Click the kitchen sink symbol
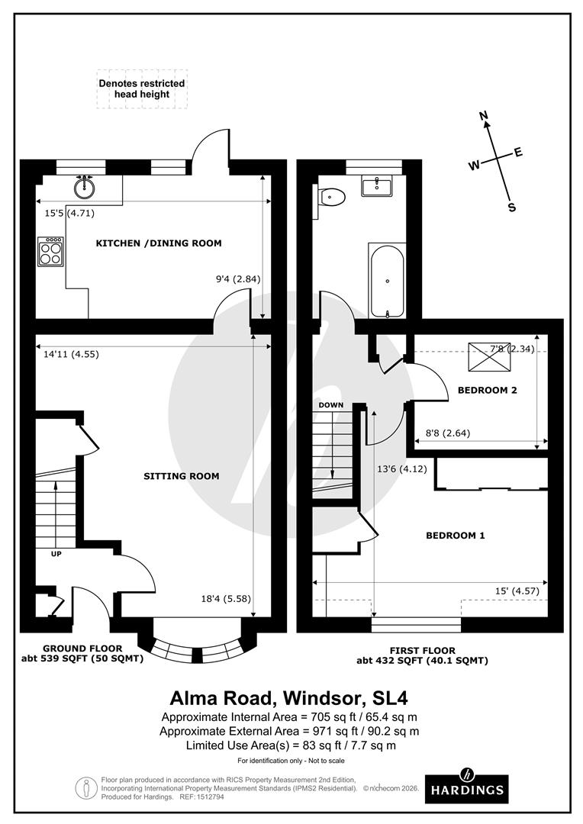[x=84, y=187]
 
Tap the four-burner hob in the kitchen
[x=51, y=253]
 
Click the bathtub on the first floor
[x=387, y=281]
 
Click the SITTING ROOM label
[x=182, y=476]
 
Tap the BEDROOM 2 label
[x=488, y=391]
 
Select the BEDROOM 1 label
[x=456, y=536]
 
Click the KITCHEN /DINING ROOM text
[x=158, y=243]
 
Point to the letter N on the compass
[x=485, y=116]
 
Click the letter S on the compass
[x=511, y=207]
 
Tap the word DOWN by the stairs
[x=331, y=405]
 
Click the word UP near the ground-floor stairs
[x=56, y=554]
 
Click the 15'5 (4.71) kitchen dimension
[x=69, y=214]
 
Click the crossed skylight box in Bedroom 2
[x=490, y=357]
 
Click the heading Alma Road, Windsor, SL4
[x=288, y=698]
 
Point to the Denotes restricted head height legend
[x=142, y=89]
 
